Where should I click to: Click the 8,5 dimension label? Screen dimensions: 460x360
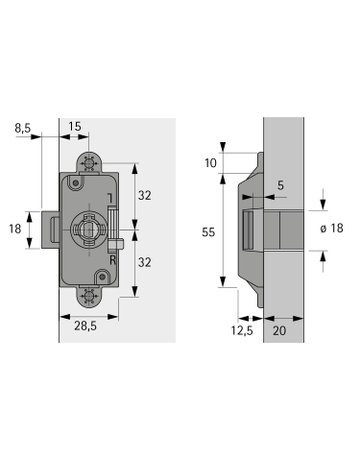pyautogui.click(x=22, y=127)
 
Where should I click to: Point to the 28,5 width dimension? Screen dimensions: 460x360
pyautogui.click(x=87, y=326)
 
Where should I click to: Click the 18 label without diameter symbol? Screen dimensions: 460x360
pyautogui.click(x=15, y=229)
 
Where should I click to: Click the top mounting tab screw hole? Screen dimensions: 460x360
pyautogui.click(x=90, y=160)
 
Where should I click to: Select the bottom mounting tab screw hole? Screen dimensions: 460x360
pyautogui.click(x=90, y=294)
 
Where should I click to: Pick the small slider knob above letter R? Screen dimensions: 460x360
pyautogui.click(x=118, y=241)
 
